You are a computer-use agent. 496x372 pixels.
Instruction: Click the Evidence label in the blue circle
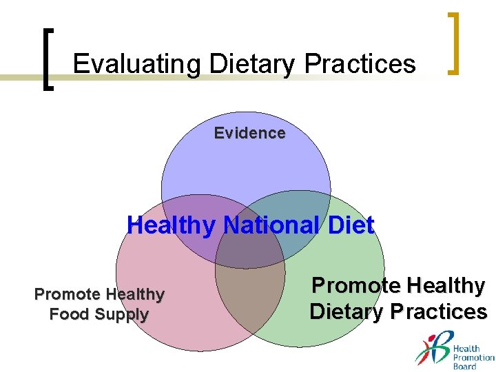[x=249, y=133]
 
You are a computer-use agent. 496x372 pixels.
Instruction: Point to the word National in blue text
[x=271, y=225]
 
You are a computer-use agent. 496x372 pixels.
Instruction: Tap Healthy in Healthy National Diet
[x=172, y=225]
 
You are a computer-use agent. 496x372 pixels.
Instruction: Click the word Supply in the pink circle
[x=122, y=315]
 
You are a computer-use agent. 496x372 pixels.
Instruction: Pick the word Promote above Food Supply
[x=68, y=294]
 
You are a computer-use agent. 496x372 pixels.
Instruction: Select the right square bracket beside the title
[x=453, y=43]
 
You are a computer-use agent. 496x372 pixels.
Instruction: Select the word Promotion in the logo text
[x=474, y=358]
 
